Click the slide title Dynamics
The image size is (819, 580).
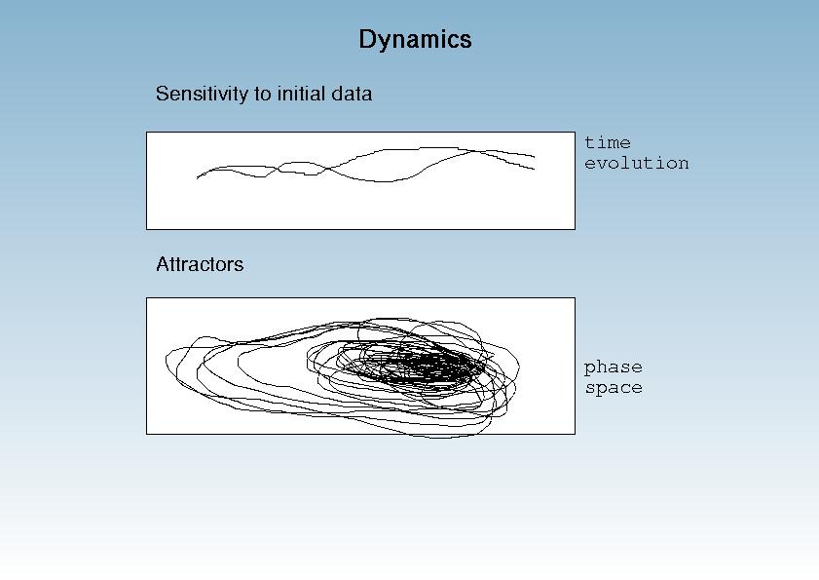click(x=415, y=40)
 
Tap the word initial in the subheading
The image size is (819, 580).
click(x=299, y=94)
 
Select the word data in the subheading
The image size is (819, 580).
click(x=350, y=94)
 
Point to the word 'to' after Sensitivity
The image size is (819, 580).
click(x=263, y=95)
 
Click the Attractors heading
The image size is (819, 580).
click(x=200, y=264)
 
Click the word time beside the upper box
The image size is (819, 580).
click(x=608, y=142)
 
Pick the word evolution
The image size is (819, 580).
click(x=637, y=163)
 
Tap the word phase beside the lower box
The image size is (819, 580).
click(x=614, y=367)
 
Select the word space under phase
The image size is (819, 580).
click(x=614, y=388)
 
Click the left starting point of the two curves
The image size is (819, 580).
click(x=197, y=178)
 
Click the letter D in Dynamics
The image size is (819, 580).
click(x=368, y=39)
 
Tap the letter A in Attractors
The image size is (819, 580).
click(x=163, y=264)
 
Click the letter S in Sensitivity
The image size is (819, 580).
click(x=162, y=94)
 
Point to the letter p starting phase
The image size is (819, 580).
click(x=590, y=369)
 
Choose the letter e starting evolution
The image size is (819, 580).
click(x=590, y=164)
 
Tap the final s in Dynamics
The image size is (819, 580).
click(x=466, y=42)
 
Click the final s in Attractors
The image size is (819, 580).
click(x=240, y=266)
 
